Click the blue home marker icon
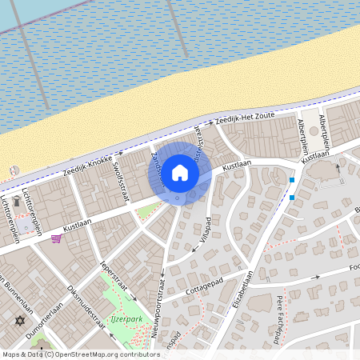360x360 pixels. pos(180,173)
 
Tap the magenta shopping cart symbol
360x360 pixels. pos(56,238)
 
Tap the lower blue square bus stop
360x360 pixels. pos(292,196)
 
